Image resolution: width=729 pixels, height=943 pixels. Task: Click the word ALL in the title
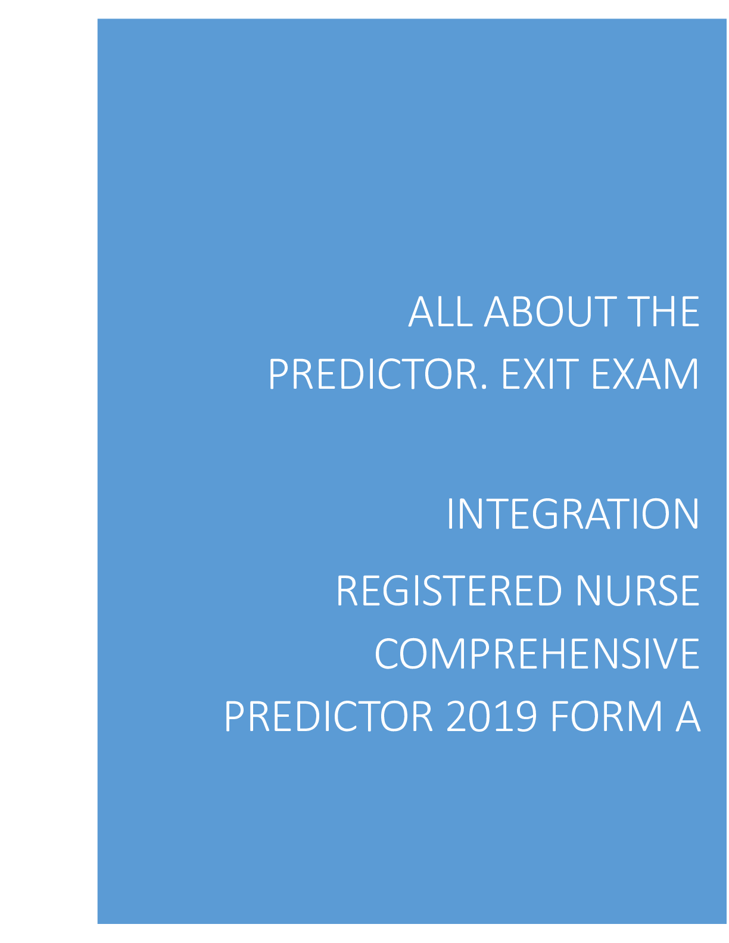[440, 311]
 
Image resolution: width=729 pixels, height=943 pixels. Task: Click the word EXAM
[646, 374]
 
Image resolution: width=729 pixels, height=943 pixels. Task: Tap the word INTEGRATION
[574, 513]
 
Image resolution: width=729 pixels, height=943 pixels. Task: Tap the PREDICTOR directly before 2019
[329, 716]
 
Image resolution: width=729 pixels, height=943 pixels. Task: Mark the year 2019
[492, 716]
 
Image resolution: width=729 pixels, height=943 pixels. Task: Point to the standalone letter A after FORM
[688, 716]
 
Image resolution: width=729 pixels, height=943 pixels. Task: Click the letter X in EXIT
[536, 374]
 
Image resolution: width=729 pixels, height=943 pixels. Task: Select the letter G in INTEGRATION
[546, 513]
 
